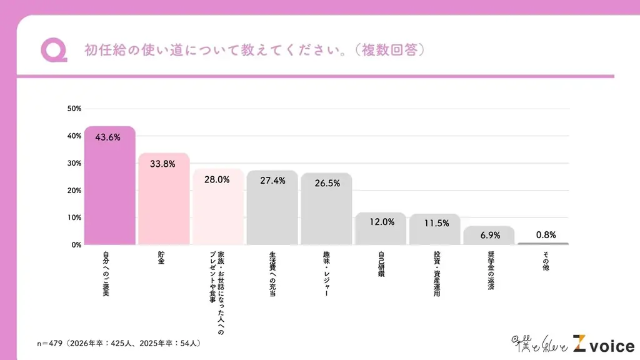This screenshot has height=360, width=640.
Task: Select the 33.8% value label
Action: pos(162,164)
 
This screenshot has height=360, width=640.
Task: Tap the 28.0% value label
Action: pos(217,179)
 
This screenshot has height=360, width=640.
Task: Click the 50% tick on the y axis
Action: pos(74,109)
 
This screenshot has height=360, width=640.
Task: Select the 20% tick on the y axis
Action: pos(74,191)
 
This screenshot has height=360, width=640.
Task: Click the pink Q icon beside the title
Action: pos(54,51)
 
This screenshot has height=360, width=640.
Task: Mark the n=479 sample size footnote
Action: pos(118,343)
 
